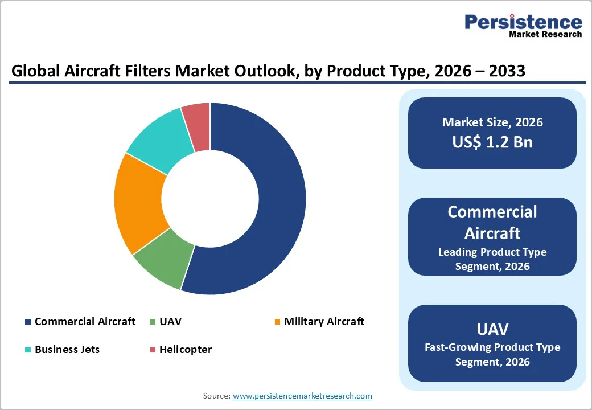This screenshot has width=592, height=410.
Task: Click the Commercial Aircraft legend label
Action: pyautogui.click(x=85, y=322)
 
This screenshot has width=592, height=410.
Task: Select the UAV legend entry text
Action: pyautogui.click(x=170, y=322)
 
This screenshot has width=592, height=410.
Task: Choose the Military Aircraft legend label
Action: pyautogui.click(x=324, y=322)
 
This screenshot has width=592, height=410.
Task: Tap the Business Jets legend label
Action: pyautogui.click(x=67, y=350)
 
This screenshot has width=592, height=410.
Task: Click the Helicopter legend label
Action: pyautogui.click(x=186, y=350)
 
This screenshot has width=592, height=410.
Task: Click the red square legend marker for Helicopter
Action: pyautogui.click(x=153, y=350)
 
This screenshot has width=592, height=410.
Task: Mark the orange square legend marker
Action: pyautogui.click(x=277, y=322)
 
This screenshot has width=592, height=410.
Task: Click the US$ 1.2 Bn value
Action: pyautogui.click(x=492, y=142)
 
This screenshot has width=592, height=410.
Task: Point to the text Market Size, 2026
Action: pyautogui.click(x=492, y=122)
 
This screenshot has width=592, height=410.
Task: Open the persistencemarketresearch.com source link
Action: pyautogui.click(x=302, y=396)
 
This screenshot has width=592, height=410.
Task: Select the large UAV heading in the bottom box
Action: pyautogui.click(x=492, y=329)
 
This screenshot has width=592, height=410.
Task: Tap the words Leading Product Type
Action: pyautogui.click(x=492, y=252)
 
